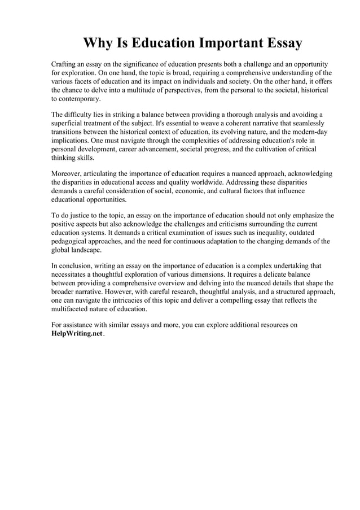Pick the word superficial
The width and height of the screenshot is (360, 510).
pos(71,123)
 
